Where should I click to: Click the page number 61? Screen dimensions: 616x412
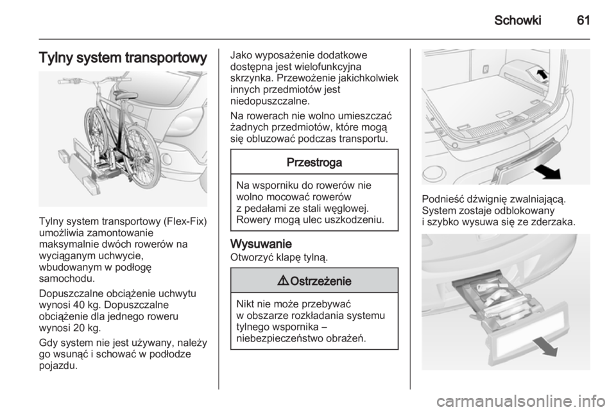[583, 20]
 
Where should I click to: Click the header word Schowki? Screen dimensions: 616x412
[517, 20]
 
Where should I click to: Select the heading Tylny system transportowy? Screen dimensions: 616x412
[123, 58]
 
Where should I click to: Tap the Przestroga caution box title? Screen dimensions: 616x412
[314, 162]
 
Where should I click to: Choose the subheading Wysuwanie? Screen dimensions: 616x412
[261, 245]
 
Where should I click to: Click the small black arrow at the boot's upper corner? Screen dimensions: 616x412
[542, 73]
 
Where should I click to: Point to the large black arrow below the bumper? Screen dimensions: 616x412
[547, 171]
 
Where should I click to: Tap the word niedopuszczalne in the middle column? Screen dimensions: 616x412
[270, 101]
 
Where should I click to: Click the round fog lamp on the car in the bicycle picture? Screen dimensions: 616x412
[167, 160]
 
